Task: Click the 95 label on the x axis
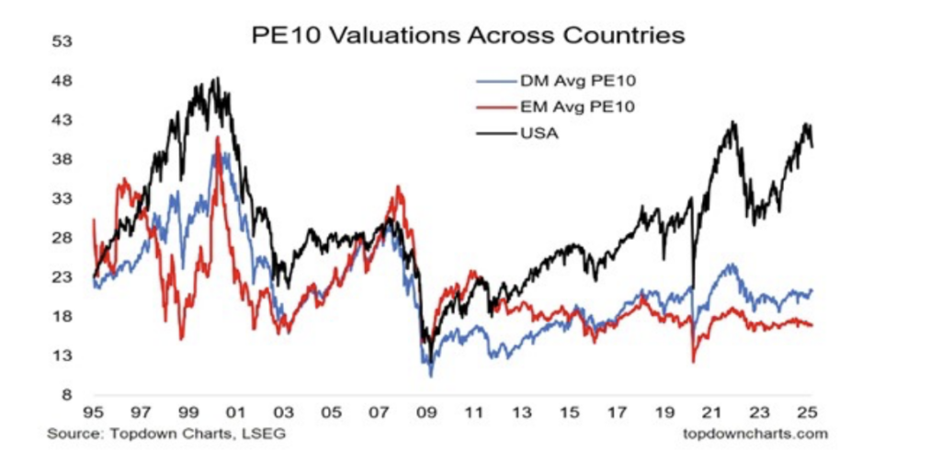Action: pyautogui.click(x=94, y=414)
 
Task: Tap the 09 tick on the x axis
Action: pyautogui.click(x=427, y=414)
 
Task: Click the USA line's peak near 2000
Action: pyautogui.click(x=216, y=78)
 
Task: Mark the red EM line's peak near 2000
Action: pyautogui.click(x=218, y=138)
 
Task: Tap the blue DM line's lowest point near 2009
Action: pyautogui.click(x=430, y=376)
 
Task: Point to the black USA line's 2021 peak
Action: pyautogui.click(x=732, y=121)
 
